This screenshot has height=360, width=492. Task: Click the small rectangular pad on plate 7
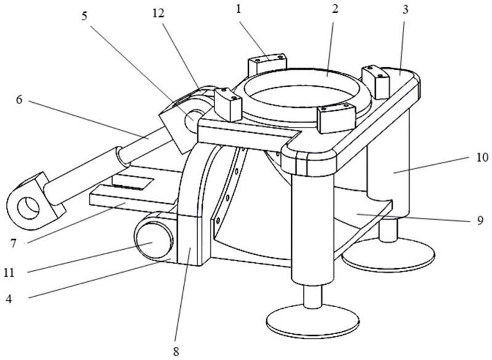point(133,182)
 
